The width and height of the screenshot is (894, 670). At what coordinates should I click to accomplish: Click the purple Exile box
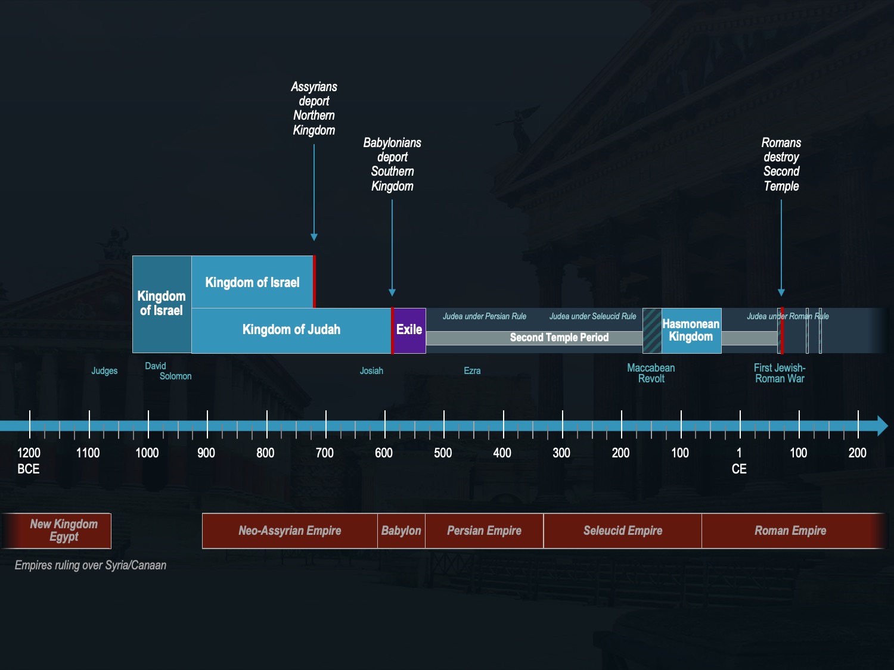[409, 331]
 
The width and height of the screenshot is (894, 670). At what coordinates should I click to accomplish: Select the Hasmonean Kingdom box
[691, 331]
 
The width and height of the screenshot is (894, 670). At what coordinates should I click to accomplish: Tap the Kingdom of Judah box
[291, 330]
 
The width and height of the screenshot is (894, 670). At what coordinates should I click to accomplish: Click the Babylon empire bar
[401, 531]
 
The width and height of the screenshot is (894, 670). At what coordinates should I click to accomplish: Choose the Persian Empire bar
[484, 531]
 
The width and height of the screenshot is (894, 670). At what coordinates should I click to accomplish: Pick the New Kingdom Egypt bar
[63, 531]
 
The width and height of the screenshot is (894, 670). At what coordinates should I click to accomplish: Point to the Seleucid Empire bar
[623, 531]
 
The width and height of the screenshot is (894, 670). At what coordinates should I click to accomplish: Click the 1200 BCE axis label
[29, 460]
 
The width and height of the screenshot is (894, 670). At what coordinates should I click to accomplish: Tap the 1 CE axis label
[739, 460]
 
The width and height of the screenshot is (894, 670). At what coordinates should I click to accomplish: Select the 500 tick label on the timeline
[443, 453]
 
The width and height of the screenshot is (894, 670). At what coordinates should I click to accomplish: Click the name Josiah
[371, 371]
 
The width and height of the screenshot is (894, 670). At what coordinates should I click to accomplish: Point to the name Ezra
[472, 371]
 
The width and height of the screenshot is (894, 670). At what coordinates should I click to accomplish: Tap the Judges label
[104, 371]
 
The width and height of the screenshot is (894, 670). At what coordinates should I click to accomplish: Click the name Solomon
[175, 376]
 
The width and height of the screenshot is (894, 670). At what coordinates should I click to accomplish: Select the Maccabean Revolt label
[651, 373]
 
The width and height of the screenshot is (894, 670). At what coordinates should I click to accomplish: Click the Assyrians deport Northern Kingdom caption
[314, 108]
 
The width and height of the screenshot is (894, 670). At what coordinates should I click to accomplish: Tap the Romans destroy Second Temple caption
[781, 164]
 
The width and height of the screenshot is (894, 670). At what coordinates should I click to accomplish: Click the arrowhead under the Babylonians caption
[392, 292]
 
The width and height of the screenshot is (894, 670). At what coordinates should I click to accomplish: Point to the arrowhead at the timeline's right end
[883, 426]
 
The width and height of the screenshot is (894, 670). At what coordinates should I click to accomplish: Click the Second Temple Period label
[559, 338]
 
